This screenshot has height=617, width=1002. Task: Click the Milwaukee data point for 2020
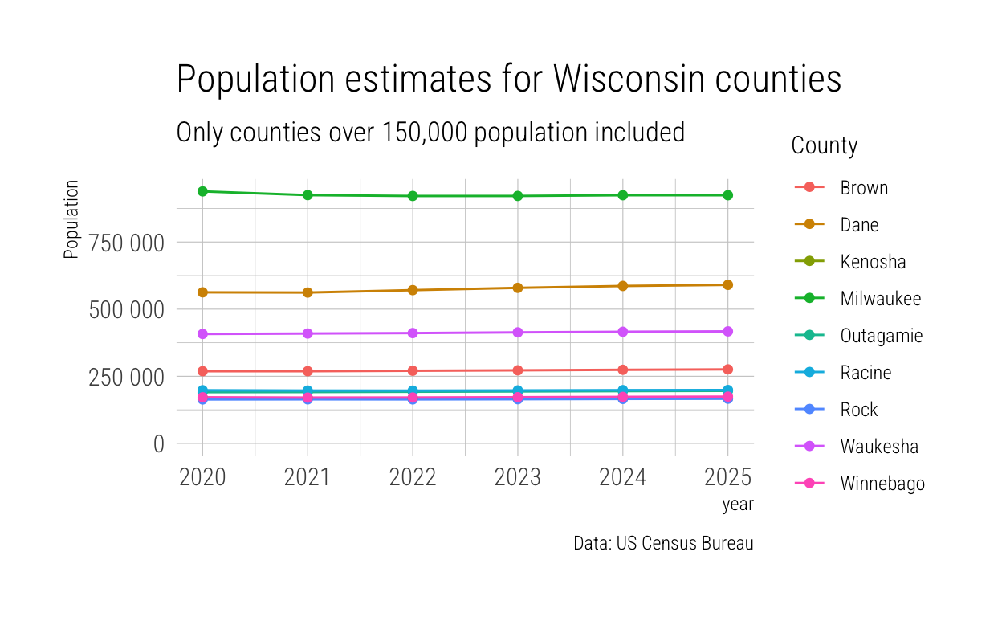tap(202, 191)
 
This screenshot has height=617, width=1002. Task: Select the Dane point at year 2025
tap(727, 284)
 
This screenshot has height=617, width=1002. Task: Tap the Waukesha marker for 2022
tap(413, 333)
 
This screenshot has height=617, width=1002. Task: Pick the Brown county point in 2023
tap(518, 370)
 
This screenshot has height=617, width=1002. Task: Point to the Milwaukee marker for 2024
tap(622, 195)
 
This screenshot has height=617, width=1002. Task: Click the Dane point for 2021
tap(308, 292)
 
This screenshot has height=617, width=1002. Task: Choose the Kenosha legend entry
tap(873, 262)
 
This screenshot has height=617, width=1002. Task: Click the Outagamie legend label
tap(881, 336)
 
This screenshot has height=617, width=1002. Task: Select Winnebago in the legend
tap(882, 484)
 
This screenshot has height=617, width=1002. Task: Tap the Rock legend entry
tap(858, 410)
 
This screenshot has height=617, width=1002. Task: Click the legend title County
tap(824, 146)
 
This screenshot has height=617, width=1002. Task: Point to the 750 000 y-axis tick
tap(126, 242)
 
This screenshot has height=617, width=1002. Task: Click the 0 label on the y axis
tap(158, 443)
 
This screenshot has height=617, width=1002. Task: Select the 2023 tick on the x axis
tap(518, 477)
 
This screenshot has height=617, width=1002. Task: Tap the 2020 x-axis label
tap(202, 477)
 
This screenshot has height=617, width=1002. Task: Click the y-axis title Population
tap(71, 219)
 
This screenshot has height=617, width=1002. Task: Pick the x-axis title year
tap(737, 505)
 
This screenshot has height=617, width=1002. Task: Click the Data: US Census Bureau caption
tap(663, 543)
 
